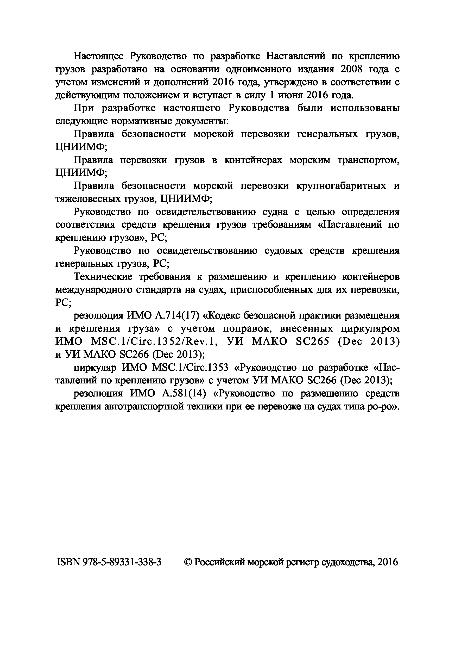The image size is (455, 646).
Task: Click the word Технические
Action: pos(103,277)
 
